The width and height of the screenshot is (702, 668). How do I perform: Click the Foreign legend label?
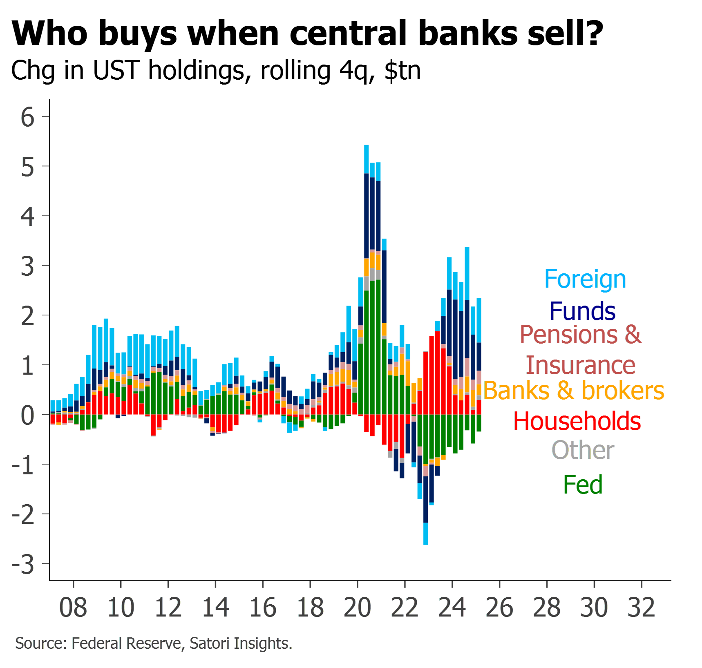[x=585, y=279]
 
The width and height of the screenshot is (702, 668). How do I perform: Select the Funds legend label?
[x=582, y=311]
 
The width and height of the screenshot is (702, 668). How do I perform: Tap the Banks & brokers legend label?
[x=574, y=391]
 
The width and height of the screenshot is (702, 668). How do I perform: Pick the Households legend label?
[x=577, y=421]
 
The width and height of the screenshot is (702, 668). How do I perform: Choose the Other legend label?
[x=583, y=450]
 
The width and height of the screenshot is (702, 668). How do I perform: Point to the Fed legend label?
[x=583, y=485]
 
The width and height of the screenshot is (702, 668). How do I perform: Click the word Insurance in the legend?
[x=581, y=365]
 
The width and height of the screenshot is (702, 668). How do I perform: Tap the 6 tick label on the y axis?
[x=27, y=117]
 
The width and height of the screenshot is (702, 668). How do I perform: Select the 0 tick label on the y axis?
[x=27, y=415]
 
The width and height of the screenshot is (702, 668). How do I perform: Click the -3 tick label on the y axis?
[x=23, y=564]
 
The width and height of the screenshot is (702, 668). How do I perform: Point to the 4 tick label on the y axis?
[x=27, y=217]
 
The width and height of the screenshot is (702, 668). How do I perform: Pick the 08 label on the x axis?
[x=73, y=607]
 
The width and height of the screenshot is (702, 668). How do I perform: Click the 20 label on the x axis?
[x=358, y=607]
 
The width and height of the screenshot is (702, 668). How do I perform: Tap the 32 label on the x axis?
[x=642, y=607]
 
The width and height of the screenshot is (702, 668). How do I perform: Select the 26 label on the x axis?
[x=499, y=607]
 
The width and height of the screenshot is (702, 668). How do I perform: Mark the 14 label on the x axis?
[x=215, y=607]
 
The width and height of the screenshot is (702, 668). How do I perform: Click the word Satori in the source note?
[x=207, y=643]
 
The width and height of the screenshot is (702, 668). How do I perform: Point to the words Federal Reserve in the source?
[x=126, y=643]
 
